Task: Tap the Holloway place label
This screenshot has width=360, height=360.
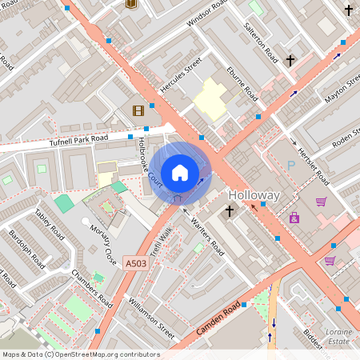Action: (x=254, y=195)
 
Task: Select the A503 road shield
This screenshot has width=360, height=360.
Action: (x=137, y=262)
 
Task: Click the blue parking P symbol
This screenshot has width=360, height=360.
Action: (x=291, y=165)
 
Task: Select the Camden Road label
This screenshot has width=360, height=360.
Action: (x=217, y=319)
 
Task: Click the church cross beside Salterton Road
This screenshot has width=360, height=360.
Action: (x=290, y=59)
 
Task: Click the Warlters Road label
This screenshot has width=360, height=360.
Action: (x=208, y=234)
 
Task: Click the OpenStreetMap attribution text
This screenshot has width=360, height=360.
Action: (x=80, y=354)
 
